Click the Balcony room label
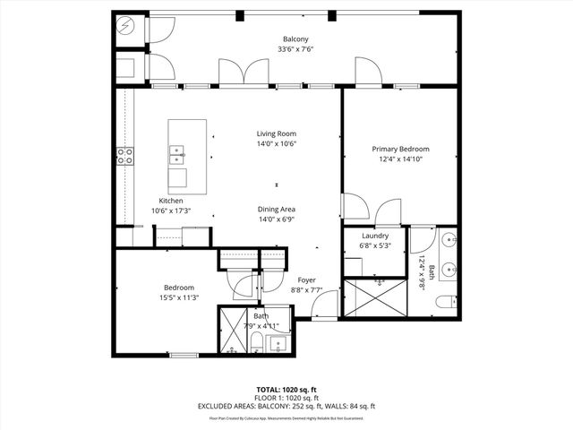point(296,39)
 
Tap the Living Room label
point(276,133)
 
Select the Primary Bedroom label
point(401,149)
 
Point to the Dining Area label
point(276,209)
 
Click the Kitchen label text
point(172,201)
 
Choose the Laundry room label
point(374,236)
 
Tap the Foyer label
point(307,279)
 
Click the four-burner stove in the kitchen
point(125,157)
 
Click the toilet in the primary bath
point(445,305)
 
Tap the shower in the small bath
point(233,331)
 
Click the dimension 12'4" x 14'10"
point(401,159)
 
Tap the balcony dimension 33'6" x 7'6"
point(296,50)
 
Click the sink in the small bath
point(277,344)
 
